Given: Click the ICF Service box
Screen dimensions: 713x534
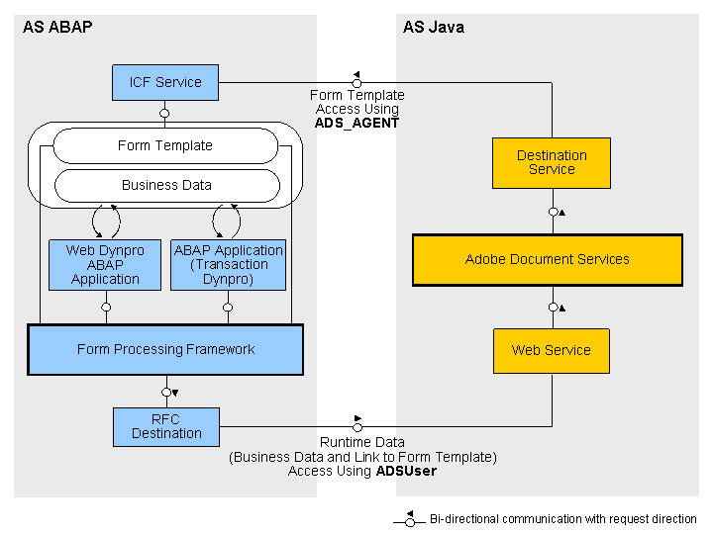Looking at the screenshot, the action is click(165, 82).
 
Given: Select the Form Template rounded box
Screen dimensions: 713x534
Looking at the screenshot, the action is click(165, 145).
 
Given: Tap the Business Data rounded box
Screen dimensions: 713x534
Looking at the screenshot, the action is click(167, 185).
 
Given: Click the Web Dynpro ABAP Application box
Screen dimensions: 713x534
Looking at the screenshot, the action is click(105, 265).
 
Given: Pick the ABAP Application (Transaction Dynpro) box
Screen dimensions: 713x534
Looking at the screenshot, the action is click(229, 265).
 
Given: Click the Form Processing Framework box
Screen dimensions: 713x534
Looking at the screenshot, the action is click(165, 349).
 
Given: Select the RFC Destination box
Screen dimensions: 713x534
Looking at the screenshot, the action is click(166, 427).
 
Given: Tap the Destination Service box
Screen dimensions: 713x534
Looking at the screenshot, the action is click(552, 163).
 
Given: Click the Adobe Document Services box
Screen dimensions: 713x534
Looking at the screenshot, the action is click(548, 260).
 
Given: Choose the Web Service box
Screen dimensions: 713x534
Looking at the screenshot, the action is click(552, 350).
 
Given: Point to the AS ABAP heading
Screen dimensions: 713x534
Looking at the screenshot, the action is click(57, 28).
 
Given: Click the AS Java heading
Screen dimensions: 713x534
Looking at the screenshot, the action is click(434, 28).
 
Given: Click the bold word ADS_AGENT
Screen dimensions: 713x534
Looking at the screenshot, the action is click(356, 123).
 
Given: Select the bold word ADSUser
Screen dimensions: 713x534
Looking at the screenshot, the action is click(406, 471).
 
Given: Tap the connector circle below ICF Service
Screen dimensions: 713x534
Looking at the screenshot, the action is click(164, 113).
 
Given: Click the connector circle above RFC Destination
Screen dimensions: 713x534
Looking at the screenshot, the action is click(166, 392).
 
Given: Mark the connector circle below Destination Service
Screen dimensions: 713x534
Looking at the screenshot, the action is click(553, 212).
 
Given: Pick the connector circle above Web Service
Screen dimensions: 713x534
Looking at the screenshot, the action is click(553, 308).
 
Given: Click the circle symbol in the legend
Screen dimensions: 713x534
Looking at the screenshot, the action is click(410, 523).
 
